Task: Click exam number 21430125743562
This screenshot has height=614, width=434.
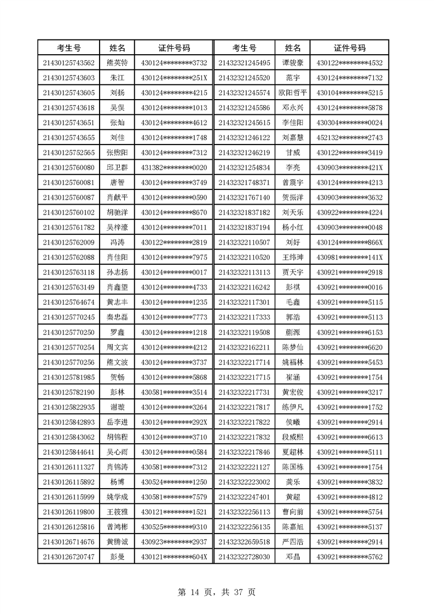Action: point(68,63)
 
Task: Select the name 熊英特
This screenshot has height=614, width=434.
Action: point(117,63)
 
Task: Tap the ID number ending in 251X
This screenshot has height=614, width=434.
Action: point(174,78)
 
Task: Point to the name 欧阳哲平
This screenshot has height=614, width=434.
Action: point(293,92)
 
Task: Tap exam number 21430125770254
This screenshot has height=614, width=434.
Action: point(68,347)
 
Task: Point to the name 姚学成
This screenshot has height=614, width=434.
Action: point(117,496)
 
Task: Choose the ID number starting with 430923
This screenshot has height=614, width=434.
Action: point(174,541)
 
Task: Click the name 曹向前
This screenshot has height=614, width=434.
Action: point(293,512)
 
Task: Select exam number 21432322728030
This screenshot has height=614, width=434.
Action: point(244,557)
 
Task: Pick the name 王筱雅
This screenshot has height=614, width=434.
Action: point(117,512)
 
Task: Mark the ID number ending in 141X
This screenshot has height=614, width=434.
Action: point(349,257)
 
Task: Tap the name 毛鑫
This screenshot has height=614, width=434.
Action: point(293,302)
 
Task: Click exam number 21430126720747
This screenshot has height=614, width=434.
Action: point(68,557)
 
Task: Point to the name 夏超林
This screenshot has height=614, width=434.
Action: point(293,451)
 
